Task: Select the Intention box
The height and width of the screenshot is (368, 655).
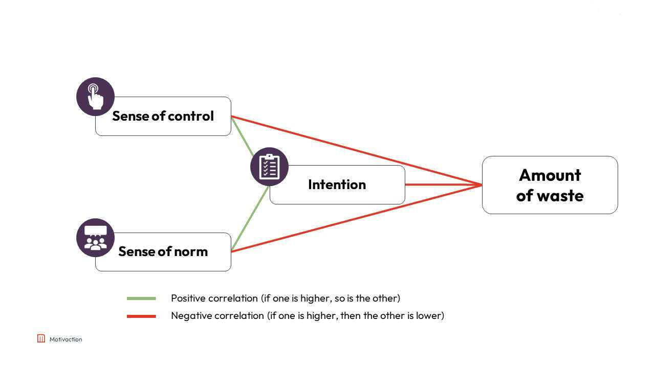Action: pyautogui.click(x=337, y=185)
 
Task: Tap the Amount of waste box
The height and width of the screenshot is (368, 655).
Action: pyautogui.click(x=550, y=185)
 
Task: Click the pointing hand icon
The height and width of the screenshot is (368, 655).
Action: pyautogui.click(x=95, y=97)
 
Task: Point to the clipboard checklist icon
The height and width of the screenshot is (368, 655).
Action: pyautogui.click(x=269, y=167)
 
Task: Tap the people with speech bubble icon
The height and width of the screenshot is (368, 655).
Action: pyautogui.click(x=95, y=238)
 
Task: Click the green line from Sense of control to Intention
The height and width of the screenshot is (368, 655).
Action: pyautogui.click(x=242, y=135)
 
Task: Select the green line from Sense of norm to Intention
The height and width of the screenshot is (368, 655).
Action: pyautogui.click(x=250, y=219)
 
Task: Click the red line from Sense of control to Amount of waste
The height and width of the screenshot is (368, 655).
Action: pyautogui.click(x=358, y=151)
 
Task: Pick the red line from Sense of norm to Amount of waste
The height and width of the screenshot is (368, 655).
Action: pyautogui.click(x=358, y=218)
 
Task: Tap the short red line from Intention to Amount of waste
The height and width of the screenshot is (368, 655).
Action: pyautogui.click(x=443, y=185)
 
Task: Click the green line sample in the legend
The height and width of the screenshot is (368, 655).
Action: pyautogui.click(x=141, y=298)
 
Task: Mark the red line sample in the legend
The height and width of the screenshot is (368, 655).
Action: pyautogui.click(x=141, y=316)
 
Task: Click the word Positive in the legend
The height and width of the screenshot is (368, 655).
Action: pyautogui.click(x=188, y=298)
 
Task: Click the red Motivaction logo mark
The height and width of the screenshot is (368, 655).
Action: pyautogui.click(x=41, y=338)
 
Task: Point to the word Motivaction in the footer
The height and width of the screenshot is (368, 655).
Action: pyautogui.click(x=65, y=339)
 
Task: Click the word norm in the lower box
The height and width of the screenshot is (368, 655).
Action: pyautogui.click(x=190, y=251)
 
